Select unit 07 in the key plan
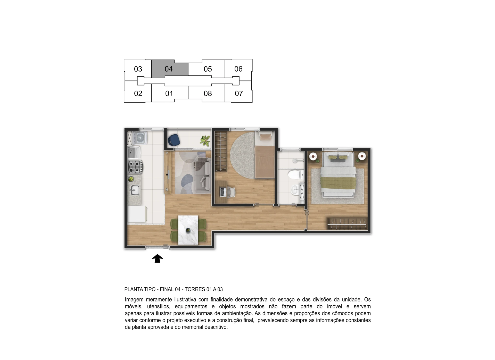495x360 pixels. [239, 93]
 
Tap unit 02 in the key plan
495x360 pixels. [138, 93]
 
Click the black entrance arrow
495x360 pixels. [158, 258]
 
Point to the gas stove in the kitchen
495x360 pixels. [135, 166]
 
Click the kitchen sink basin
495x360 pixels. [135, 190]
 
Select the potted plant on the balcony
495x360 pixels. [205, 141]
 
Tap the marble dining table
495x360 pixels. [188, 230]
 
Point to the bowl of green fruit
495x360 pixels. [131, 179]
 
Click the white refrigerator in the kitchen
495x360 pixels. [138, 214]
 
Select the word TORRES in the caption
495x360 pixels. [195, 289]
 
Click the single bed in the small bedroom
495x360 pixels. [264, 155]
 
